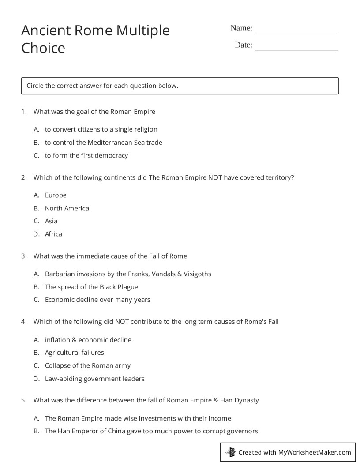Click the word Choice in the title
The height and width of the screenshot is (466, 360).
(43, 48)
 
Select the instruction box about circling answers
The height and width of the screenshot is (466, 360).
(180, 86)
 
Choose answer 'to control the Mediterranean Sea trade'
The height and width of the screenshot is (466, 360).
(103, 143)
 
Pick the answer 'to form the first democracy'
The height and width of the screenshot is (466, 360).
(86, 155)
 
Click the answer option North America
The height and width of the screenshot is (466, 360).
(67, 208)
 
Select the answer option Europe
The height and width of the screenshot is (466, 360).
(56, 195)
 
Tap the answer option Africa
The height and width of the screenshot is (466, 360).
(53, 234)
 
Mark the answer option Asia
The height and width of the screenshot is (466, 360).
(51, 221)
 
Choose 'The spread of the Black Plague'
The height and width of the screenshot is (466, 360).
(91, 287)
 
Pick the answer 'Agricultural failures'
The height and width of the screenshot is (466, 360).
(74, 353)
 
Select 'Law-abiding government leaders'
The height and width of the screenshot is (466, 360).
(94, 379)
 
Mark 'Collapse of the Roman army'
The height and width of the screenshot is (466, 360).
(87, 365)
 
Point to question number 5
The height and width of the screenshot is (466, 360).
(24, 401)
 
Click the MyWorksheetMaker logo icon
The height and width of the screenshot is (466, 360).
(230, 452)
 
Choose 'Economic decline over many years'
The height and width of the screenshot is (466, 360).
(97, 300)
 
